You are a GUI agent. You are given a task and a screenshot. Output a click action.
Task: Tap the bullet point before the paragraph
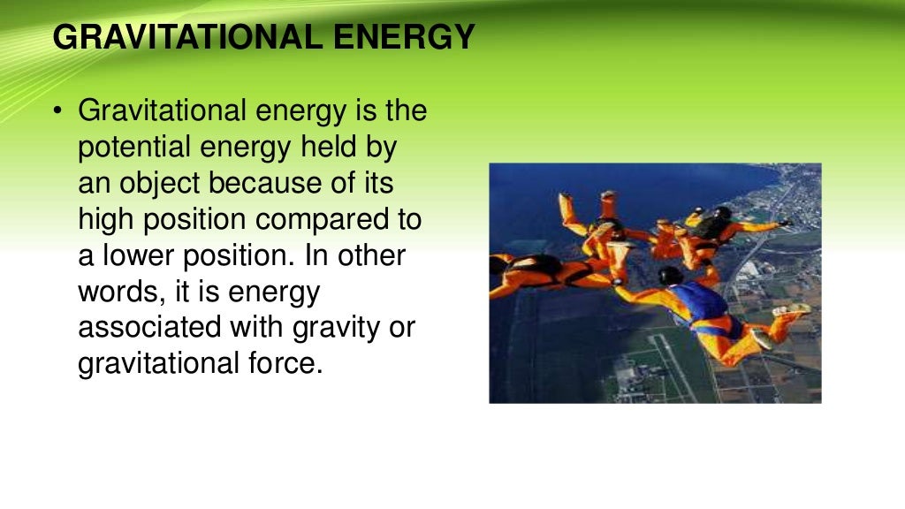58,112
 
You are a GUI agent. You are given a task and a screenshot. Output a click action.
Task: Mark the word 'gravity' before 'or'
336,328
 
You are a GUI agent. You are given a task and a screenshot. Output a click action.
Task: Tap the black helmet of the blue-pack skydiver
670,276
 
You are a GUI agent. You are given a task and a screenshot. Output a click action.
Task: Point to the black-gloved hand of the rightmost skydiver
786,222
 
